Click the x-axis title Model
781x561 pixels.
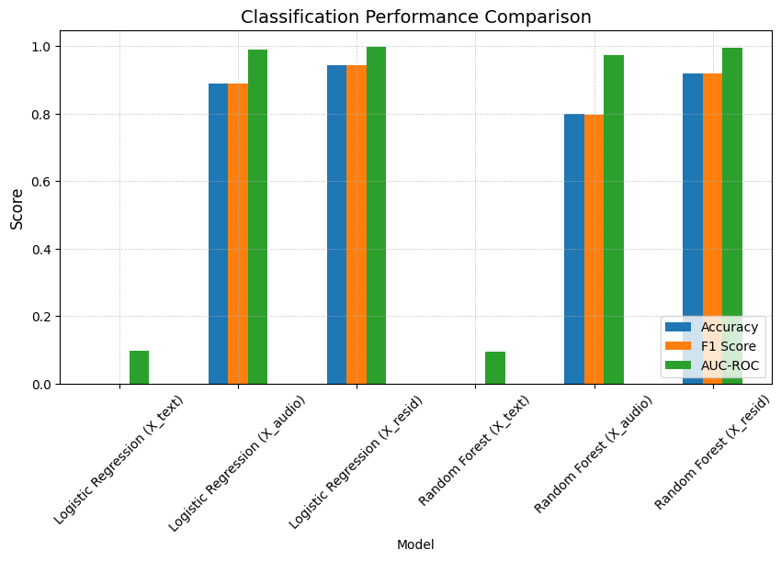tap(415, 544)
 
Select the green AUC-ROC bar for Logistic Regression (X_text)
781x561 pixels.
tap(139, 367)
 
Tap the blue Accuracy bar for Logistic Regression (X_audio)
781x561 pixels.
tap(218, 234)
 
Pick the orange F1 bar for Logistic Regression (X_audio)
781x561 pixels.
tap(238, 234)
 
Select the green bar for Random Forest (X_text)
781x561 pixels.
tap(494, 368)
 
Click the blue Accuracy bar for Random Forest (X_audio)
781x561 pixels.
tap(573, 249)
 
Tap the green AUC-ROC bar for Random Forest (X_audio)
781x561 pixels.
tap(613, 219)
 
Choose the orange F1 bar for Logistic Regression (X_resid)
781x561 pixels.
tap(357, 225)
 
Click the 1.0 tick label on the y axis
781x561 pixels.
tap(42, 47)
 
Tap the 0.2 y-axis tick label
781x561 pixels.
tap(42, 317)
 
